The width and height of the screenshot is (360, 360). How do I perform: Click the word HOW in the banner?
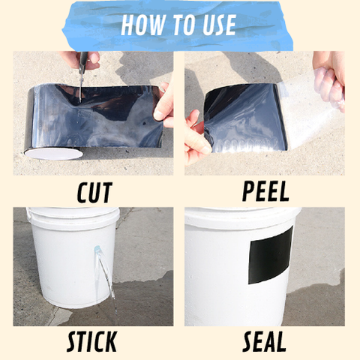pos(142,25)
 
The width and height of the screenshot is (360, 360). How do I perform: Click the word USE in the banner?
pos(219,25)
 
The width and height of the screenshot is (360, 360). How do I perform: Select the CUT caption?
pos(94,192)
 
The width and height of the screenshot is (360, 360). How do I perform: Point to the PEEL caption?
pos(265,192)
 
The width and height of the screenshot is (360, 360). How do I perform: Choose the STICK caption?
pos(91,341)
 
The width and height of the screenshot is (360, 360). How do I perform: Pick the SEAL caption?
pos(264,341)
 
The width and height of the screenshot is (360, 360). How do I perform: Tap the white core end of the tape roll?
pos(54,154)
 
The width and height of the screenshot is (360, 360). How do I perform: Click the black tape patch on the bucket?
pos(271,256)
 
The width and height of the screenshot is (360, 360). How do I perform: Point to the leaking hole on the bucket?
pos(97,249)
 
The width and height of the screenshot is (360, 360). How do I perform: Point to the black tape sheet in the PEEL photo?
pos(245,118)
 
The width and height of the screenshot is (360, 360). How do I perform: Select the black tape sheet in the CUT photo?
pos(95,118)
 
